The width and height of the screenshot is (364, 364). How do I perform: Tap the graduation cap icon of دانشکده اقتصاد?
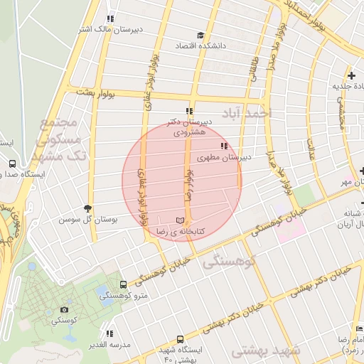click(x=201, y=35)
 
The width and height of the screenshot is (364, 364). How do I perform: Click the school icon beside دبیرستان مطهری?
click(x=224, y=146)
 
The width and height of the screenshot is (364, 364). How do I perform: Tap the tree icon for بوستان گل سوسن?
click(x=88, y=208)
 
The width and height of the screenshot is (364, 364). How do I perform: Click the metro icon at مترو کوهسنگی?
click(x=124, y=284)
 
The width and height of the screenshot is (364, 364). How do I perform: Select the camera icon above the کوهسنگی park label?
click(x=65, y=310)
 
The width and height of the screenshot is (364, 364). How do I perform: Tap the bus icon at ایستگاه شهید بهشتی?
click(x=180, y=340)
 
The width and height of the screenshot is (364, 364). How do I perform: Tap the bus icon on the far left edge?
click(x=12, y=164)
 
